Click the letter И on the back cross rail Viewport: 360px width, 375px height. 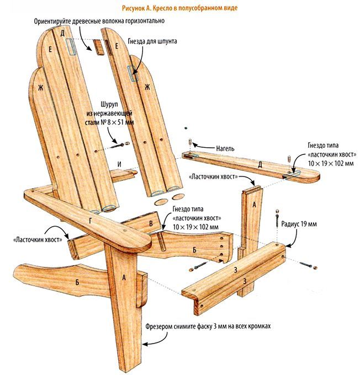click(x=119, y=164)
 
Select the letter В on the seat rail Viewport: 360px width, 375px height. click(x=151, y=223)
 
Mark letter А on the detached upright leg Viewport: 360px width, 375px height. click(x=253, y=203)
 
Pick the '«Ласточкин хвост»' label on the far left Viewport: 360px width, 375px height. click(x=33, y=240)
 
